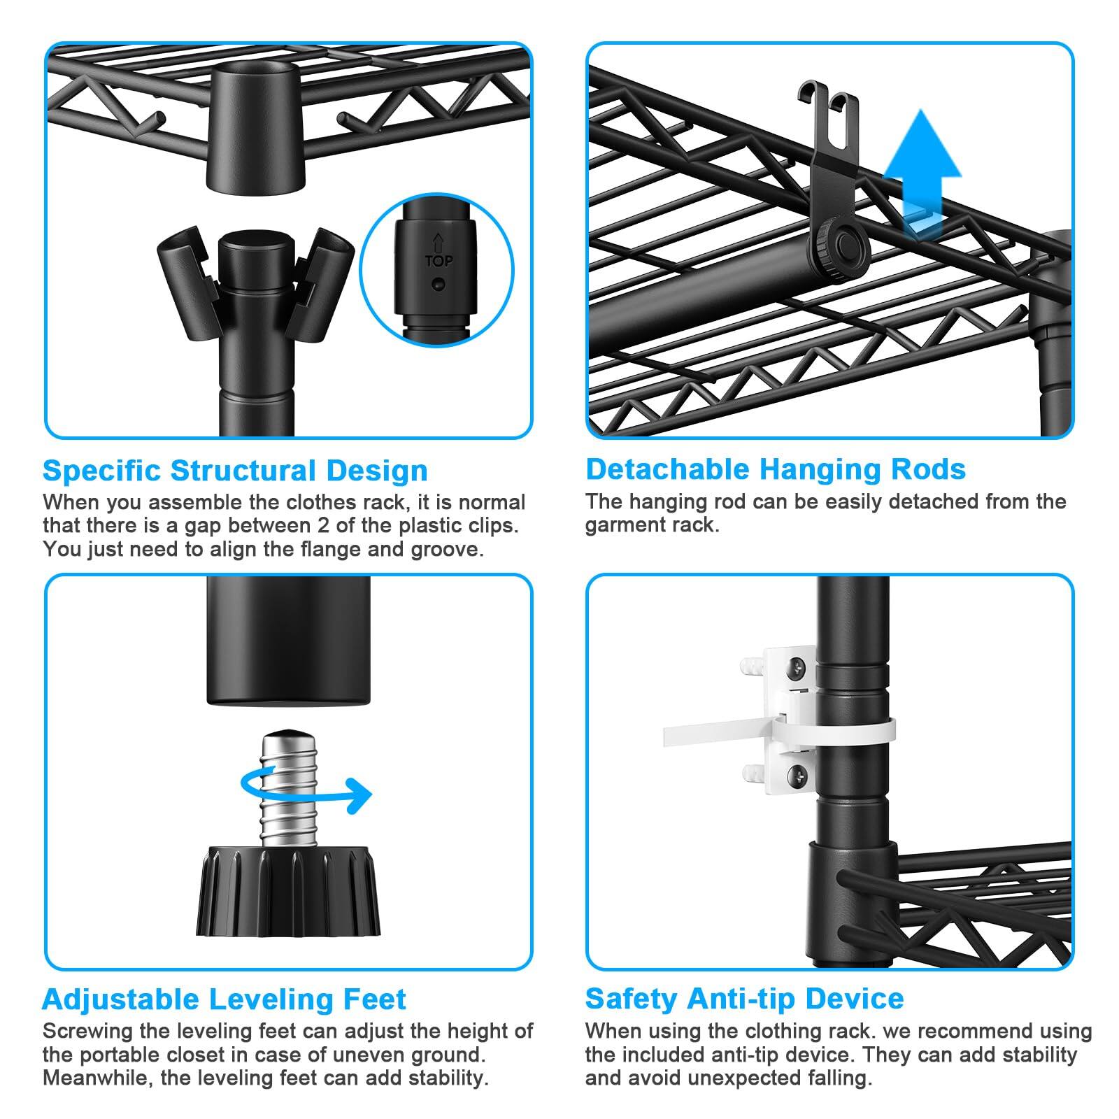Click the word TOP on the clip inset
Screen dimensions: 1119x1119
tap(439, 262)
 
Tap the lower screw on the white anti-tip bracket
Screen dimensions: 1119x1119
tap(799, 774)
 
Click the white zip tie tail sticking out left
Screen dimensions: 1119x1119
tap(713, 735)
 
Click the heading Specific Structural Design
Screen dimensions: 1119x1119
tap(235, 471)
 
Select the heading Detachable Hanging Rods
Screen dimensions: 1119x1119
tap(776, 469)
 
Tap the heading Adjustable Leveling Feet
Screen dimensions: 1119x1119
tap(224, 999)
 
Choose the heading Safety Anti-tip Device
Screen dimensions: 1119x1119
tap(745, 998)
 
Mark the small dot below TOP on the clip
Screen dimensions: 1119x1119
tap(438, 285)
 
